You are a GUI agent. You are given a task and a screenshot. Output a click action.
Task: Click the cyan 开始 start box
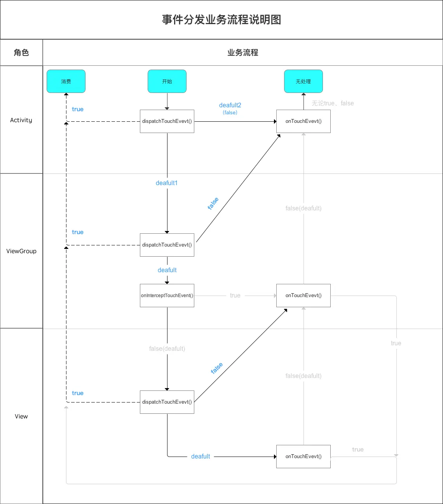pyautogui.click(x=167, y=81)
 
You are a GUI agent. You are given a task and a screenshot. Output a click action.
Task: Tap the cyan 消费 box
pyautogui.click(x=66, y=81)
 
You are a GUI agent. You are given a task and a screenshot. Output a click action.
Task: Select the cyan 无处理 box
pyautogui.click(x=303, y=81)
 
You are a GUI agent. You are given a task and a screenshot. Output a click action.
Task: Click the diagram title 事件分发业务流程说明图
pyautogui.click(x=221, y=20)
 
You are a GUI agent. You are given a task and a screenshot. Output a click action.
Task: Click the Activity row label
pyautogui.click(x=21, y=120)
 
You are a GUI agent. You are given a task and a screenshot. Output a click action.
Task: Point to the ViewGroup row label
pyautogui.click(x=21, y=251)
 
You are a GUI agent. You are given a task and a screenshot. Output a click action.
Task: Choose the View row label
pyautogui.click(x=21, y=416)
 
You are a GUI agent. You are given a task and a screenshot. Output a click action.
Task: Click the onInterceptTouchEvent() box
pyautogui.click(x=167, y=296)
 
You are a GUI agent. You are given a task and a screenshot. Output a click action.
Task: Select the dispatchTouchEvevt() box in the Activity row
pyautogui.click(x=167, y=121)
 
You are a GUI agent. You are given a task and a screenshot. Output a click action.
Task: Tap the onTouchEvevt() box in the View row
pyautogui.click(x=303, y=457)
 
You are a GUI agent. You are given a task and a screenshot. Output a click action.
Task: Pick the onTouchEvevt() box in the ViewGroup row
pyautogui.click(x=303, y=296)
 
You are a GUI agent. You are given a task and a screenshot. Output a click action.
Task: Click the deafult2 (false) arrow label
pyautogui.click(x=230, y=108)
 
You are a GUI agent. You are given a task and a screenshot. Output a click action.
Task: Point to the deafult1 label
pyautogui.click(x=167, y=183)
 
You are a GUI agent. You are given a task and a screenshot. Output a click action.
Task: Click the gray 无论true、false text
pyautogui.click(x=333, y=103)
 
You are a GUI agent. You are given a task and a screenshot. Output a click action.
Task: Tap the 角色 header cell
pyautogui.click(x=21, y=52)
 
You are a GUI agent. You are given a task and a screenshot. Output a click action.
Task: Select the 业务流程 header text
pyautogui.click(x=243, y=52)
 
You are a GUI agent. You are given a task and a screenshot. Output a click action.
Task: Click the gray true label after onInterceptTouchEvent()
pyautogui.click(x=235, y=296)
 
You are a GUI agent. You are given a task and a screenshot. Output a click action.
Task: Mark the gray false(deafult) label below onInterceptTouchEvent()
pyautogui.click(x=167, y=349)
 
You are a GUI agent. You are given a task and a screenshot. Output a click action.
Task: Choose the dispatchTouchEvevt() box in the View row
pyautogui.click(x=167, y=402)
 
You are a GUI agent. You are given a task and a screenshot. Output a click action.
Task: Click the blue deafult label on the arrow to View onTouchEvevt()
pyautogui.click(x=201, y=457)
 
